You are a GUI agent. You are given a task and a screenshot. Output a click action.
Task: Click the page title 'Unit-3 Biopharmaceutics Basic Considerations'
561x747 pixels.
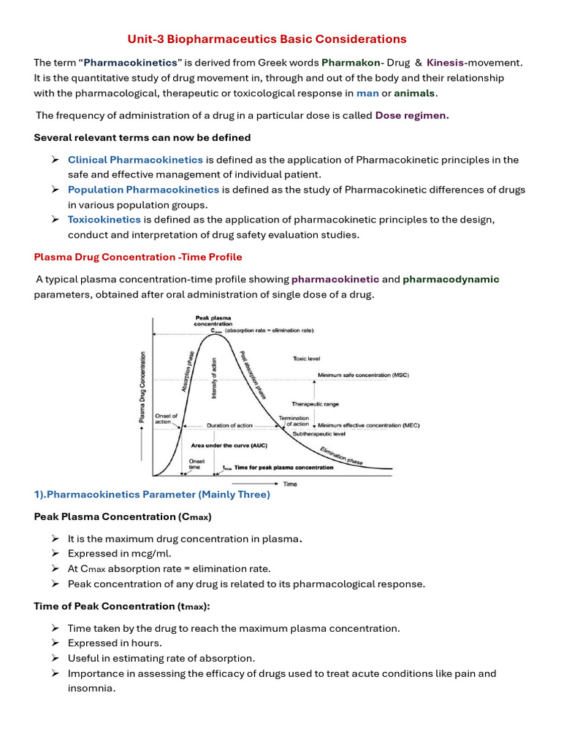pos(267,39)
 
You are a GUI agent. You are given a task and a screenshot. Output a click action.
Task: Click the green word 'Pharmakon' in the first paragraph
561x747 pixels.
pos(351,63)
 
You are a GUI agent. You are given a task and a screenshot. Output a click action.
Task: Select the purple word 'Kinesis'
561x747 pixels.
pos(445,63)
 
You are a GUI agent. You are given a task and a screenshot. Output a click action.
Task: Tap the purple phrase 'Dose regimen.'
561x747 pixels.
pos(412,115)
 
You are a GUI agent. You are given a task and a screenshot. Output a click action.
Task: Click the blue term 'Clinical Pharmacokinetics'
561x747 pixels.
pos(135,160)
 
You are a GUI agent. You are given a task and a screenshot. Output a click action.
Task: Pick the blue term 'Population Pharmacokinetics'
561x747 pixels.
pos(143,190)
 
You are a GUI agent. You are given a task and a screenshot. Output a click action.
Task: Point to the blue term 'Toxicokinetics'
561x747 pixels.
pos(104,220)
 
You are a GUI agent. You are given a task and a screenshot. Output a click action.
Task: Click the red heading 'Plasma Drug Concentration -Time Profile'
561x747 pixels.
pos(138,257)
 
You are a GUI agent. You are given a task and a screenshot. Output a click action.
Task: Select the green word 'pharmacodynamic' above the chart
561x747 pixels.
pos(451,279)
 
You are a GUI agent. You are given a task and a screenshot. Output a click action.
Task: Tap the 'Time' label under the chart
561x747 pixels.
pos(290,483)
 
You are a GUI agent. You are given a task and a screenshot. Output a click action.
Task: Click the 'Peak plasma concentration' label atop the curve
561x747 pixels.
pos(213,321)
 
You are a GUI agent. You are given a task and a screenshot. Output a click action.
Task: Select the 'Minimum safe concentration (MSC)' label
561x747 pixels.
pos(363,376)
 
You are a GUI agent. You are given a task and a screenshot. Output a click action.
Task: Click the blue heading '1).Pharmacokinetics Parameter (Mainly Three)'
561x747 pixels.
pos(152,495)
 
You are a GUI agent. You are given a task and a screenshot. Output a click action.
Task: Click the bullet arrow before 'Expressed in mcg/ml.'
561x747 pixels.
pos(56,554)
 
